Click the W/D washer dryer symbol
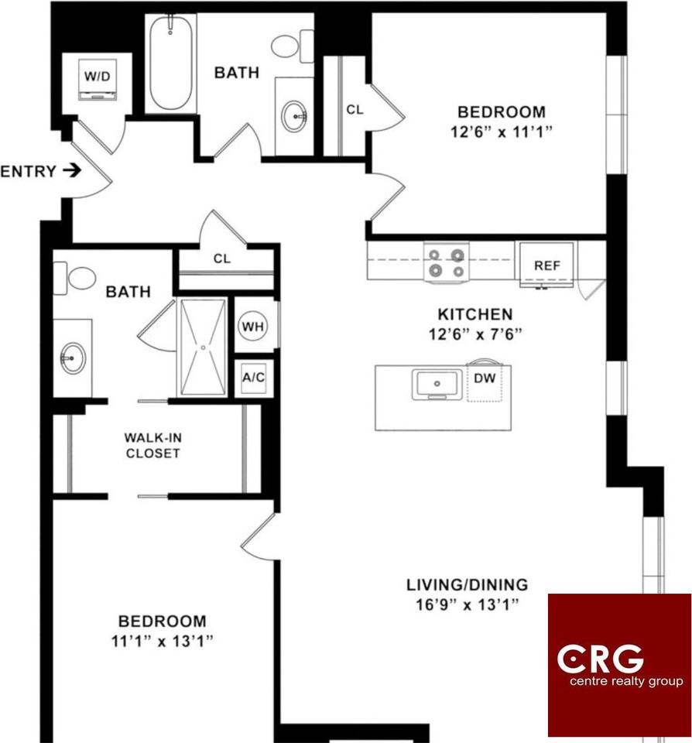pos(98,79)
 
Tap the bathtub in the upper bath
pos(170,63)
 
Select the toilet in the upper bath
pos(293,46)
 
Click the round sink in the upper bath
pos(294,115)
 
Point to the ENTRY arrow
pos(72,170)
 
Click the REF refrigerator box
pos(546,265)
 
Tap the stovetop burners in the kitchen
pos(446,262)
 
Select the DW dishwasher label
pos(485,378)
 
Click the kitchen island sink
pos(437,385)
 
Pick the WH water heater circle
pos(252,327)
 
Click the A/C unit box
pos(254,378)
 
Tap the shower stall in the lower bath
pos(203,347)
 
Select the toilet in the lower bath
pos(74,278)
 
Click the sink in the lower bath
pos(73,358)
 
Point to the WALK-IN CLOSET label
pos(152,446)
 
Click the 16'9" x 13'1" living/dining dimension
pos(468,605)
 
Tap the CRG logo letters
pos(600,659)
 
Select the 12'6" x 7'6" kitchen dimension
pos(475,334)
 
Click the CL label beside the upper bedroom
pos(355,109)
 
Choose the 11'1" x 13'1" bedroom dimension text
pos(162,642)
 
